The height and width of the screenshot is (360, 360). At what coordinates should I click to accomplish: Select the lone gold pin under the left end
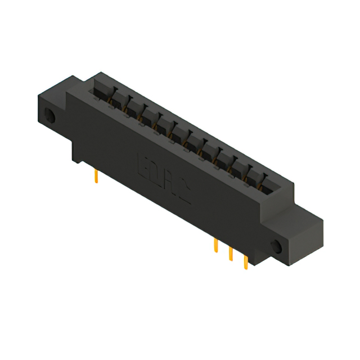pos(97,177)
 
